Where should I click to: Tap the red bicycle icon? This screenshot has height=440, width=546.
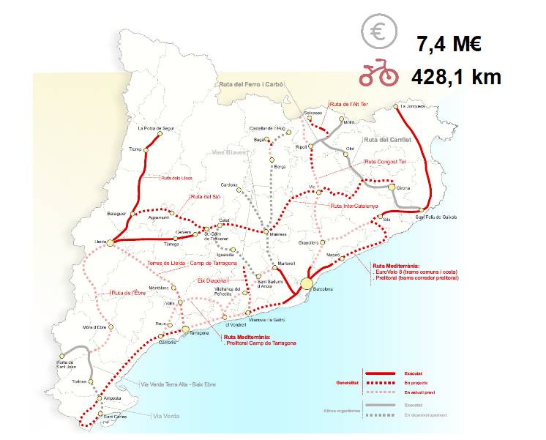pyautogui.click(x=378, y=75)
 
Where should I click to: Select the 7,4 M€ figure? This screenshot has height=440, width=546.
pyautogui.click(x=449, y=44)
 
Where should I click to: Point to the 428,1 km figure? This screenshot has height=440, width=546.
pyautogui.click(x=457, y=76)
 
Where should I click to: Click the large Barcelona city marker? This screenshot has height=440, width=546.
pyautogui.click(x=307, y=283)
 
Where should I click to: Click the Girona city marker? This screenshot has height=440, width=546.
pyautogui.click(x=393, y=187)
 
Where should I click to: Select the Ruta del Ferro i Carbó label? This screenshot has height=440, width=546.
pyautogui.click(x=251, y=85)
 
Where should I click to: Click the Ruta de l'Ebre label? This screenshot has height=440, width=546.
pyautogui.click(x=126, y=293)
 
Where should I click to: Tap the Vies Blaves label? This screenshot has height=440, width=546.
pyautogui.click(x=228, y=153)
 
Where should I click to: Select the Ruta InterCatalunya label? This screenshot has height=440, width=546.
pyautogui.click(x=354, y=206)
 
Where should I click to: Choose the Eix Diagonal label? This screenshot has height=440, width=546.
pyautogui.click(x=210, y=280)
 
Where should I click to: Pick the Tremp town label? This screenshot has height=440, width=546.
pyautogui.click(x=134, y=149)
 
